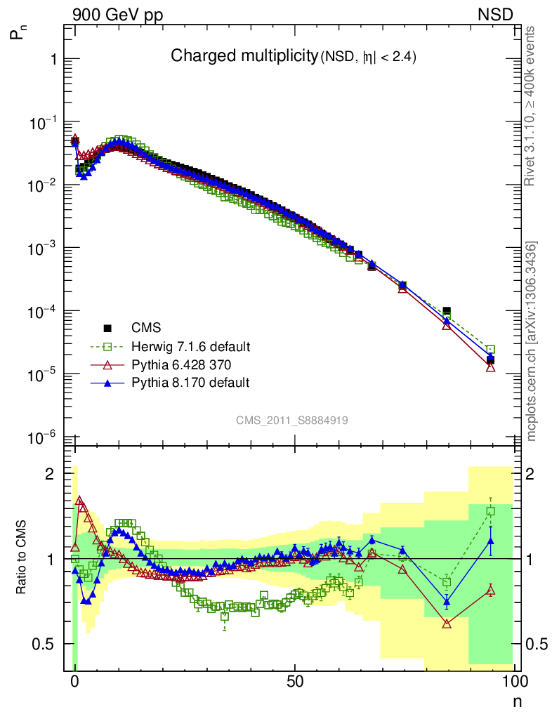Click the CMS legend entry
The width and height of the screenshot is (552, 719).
click(146, 328)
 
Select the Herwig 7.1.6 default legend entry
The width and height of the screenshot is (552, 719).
click(190, 347)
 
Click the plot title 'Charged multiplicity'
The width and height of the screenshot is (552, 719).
click(244, 57)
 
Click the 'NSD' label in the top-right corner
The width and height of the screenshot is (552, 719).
click(497, 14)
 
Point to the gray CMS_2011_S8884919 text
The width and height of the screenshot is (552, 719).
click(292, 421)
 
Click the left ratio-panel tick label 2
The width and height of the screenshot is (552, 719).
click(50, 474)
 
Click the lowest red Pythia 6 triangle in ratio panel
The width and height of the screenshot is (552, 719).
click(447, 624)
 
